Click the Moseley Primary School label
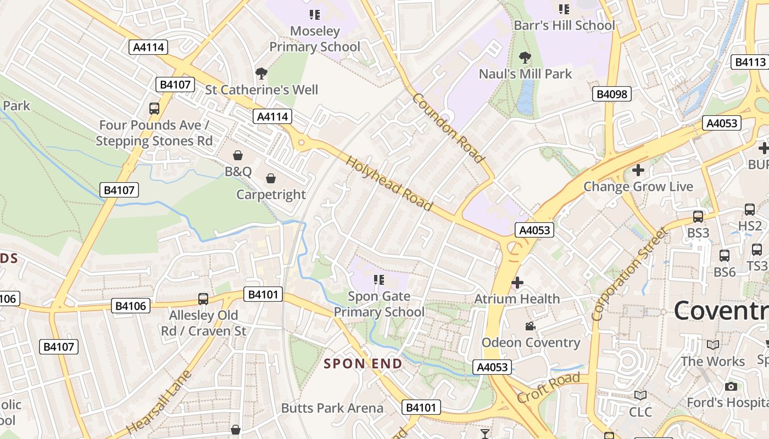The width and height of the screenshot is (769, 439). tap(315, 39)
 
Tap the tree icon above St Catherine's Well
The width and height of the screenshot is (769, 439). tap(261, 73)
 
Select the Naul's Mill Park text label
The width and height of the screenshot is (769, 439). tap(526, 74)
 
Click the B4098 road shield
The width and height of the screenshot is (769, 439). tap(612, 94)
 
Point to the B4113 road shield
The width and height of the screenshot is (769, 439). tap(750, 62)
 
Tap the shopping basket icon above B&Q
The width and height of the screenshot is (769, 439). tap(238, 156)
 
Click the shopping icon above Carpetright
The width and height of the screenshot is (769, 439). tap(271, 178)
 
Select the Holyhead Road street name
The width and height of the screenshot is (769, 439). tap(389, 183)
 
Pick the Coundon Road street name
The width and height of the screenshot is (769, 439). tap(449, 128)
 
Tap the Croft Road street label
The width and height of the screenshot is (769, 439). tap(548, 387)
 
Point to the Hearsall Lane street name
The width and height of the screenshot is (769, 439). tap(159, 402)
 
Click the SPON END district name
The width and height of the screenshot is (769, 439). tap(363, 363)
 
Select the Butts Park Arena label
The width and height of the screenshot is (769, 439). tap(332, 408)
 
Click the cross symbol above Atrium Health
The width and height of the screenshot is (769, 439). tap(517, 283)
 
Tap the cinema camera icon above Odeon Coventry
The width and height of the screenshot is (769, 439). tap(530, 327)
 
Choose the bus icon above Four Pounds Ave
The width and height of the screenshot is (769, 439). tap(154, 109)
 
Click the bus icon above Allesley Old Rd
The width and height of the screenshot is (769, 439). tap(203, 299)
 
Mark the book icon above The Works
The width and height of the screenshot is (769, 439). tap(713, 345)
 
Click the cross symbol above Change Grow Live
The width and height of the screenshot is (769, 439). tap(638, 170)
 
